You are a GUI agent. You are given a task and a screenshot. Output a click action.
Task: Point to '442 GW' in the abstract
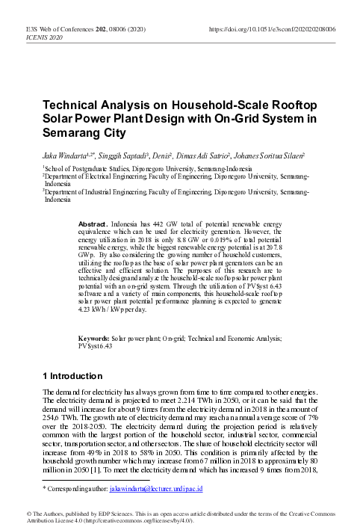[160, 225]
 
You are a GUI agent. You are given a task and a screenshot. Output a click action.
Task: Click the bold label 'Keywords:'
[96, 339]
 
